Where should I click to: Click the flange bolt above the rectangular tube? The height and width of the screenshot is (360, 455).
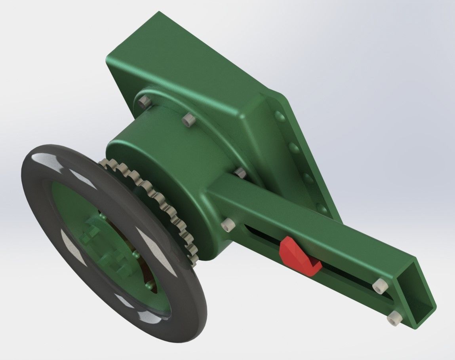click(240, 172)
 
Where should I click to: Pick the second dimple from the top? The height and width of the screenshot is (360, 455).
click(294, 148)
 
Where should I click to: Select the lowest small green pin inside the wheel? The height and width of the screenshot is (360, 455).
click(148, 284)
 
